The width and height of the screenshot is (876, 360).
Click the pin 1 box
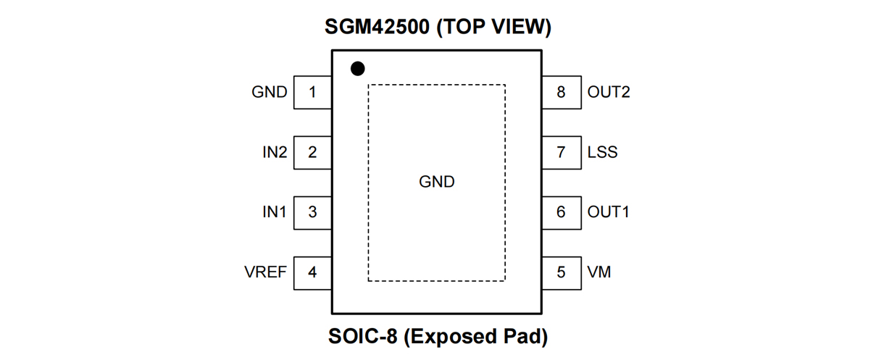coord(312,92)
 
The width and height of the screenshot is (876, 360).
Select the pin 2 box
coord(312,152)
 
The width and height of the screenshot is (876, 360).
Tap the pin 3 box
coord(312,212)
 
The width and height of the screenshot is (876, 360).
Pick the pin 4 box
coord(312,272)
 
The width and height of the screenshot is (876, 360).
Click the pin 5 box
coord(561,272)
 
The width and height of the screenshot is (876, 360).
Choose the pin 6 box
coord(561,212)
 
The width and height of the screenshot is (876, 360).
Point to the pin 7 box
coord(561,152)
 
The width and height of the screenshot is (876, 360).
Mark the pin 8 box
coord(561,92)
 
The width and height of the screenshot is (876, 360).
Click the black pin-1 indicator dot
coord(357,69)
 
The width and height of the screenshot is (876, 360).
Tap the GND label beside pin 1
coord(270,93)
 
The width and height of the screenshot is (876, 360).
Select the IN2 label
coord(275,153)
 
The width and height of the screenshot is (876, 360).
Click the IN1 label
coord(275,213)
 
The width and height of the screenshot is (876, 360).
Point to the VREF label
coord(266,273)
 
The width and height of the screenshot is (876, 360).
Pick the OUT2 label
coord(609,93)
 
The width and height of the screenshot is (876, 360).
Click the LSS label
coord(603,153)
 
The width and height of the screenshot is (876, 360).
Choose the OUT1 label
coord(609,213)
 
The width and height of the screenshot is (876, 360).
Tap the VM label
coord(599,273)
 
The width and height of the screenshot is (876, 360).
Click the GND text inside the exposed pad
coord(437,183)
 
